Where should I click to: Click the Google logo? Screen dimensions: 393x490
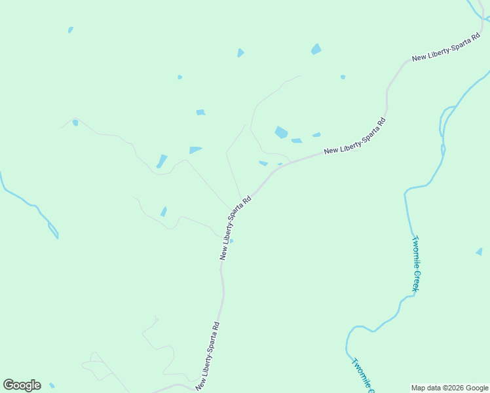(x=22, y=385)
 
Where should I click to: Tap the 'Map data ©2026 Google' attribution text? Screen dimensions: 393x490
(x=449, y=388)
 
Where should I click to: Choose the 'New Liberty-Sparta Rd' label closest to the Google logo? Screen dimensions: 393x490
(x=207, y=356)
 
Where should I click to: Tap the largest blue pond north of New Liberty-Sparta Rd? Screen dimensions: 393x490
(x=281, y=132)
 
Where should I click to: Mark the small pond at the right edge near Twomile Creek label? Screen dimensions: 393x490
(x=479, y=252)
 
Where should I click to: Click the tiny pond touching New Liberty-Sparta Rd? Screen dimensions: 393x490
(x=231, y=240)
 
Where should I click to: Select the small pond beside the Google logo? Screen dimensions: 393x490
(x=52, y=385)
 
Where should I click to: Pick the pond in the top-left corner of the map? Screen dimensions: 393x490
(x=70, y=29)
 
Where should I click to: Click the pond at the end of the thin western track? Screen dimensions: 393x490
(x=75, y=122)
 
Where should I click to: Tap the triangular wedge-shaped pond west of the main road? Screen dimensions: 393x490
(x=195, y=150)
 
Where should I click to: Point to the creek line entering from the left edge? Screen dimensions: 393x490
(x=26, y=199)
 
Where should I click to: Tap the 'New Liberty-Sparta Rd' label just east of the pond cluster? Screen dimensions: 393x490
(x=354, y=136)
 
